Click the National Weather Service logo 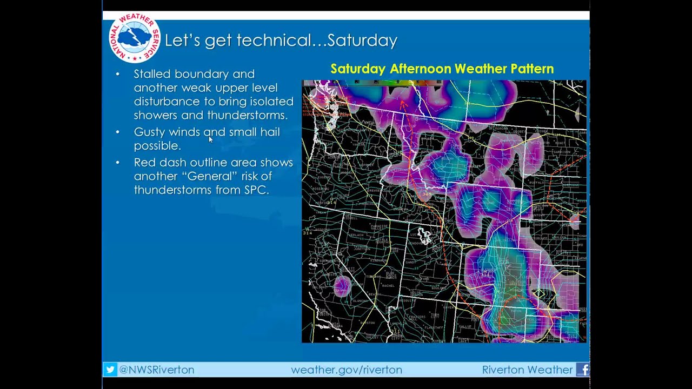(135, 37)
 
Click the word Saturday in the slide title (362, 41)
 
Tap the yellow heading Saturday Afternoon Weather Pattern (442, 69)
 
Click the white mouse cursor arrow (210, 139)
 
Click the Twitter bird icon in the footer (110, 370)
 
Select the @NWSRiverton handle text (156, 370)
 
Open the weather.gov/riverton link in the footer (346, 370)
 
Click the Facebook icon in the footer (583, 370)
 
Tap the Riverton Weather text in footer (527, 370)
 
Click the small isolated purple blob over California (342, 285)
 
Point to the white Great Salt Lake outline (424, 236)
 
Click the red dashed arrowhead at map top (402, 102)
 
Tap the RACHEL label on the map (388, 285)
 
